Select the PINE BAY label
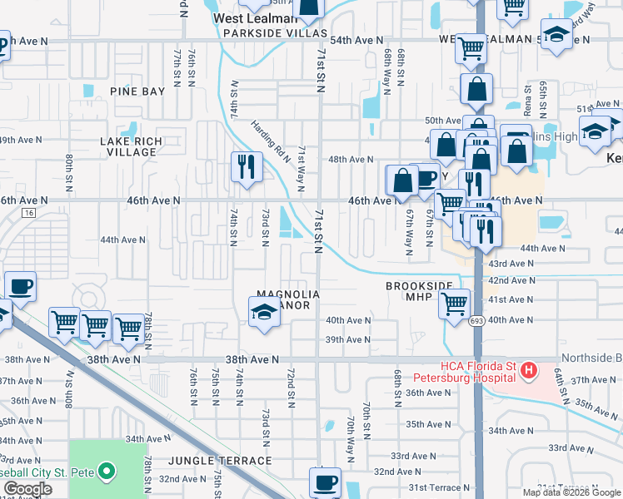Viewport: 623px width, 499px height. [137, 91]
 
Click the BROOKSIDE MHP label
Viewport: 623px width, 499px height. [419, 285]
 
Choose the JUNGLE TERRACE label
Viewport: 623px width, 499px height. [220, 460]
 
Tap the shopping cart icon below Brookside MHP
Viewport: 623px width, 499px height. [455, 304]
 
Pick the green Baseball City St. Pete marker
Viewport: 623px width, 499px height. [106, 473]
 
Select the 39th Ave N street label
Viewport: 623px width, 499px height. [347, 339]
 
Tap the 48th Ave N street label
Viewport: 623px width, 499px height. [351, 159]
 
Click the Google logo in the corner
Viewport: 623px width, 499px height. [27, 488]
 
